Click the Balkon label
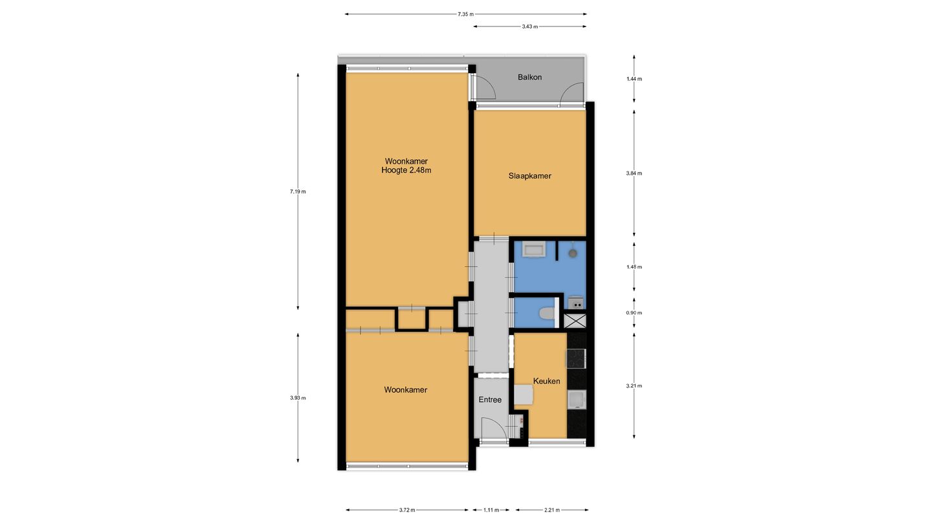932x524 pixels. point(529,77)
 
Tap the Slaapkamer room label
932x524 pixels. point(529,176)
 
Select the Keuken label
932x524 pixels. point(546,381)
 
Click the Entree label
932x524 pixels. point(490,400)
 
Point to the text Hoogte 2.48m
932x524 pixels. point(406,170)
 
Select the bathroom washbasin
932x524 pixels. point(534,250)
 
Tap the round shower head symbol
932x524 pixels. point(573,252)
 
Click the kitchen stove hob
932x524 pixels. point(576,358)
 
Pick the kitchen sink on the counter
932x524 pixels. point(577,399)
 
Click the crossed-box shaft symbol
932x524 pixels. point(575,321)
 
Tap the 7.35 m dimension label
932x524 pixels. point(465,14)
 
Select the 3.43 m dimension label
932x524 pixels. point(529,27)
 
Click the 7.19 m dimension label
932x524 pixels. point(298,191)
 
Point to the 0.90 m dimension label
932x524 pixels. point(634,312)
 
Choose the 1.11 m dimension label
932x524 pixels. point(491,510)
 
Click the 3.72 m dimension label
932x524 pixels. point(407,510)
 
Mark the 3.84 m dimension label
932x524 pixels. point(634,173)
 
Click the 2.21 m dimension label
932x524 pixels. point(552,510)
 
